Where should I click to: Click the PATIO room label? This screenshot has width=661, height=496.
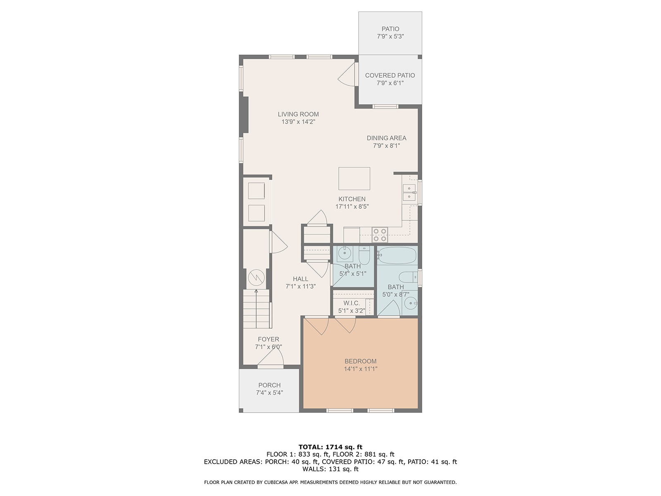(x=390, y=29)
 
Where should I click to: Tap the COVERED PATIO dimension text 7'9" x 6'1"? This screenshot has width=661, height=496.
(x=390, y=83)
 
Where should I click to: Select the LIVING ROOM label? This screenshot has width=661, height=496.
(x=298, y=114)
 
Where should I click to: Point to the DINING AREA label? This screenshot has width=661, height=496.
(x=386, y=138)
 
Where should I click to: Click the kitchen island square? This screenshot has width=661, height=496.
(x=354, y=179)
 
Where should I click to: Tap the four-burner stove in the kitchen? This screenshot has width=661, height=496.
(x=380, y=235)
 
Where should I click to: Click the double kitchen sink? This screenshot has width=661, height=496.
(x=409, y=193)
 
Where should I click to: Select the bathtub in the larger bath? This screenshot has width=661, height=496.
(x=397, y=255)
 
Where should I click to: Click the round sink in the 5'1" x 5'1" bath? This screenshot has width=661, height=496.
(x=344, y=253)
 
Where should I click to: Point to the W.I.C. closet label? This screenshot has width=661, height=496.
(x=352, y=303)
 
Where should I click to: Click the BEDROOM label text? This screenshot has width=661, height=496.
(x=361, y=361)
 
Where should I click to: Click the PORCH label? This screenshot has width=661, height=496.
(x=269, y=385)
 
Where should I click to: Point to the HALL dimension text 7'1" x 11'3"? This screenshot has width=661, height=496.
(x=300, y=286)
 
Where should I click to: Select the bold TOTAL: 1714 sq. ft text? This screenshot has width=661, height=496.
(x=330, y=447)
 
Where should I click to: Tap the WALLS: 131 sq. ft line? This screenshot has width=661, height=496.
(x=330, y=469)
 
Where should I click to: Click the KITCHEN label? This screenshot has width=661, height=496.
(x=352, y=199)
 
